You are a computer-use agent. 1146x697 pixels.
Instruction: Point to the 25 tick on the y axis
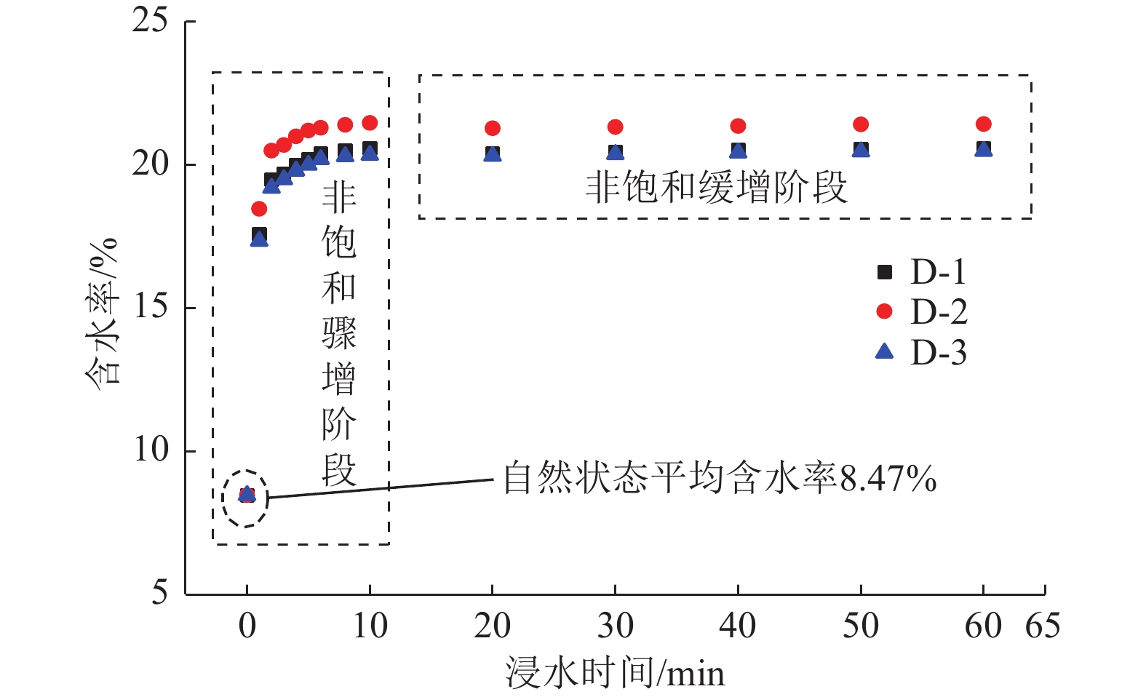pos(150,20)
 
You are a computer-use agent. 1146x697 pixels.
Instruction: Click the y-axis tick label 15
pos(150,307)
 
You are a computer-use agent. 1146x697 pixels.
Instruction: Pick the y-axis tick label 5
pos(159,593)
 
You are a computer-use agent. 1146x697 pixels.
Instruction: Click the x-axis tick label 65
pos(1042,626)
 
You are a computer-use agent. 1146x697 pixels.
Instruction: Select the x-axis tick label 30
pos(615,626)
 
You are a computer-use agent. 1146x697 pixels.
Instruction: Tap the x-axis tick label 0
pos(247,626)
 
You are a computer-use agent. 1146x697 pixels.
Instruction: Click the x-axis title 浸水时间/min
pos(615,673)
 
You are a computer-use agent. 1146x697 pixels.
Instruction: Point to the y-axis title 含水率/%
pos(102,313)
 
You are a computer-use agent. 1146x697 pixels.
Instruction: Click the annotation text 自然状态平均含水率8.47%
pos(720,479)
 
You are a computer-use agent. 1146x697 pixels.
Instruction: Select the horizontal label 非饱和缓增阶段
pos(717,188)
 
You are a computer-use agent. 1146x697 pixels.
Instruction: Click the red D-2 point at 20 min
pos(493,129)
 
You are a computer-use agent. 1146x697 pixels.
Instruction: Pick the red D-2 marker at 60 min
pos(984,124)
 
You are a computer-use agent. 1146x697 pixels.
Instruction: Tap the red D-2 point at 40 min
pos(738,127)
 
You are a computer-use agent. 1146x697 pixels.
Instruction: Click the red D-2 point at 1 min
pos(259,210)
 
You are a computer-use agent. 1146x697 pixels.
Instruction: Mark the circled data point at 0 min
pos(247,495)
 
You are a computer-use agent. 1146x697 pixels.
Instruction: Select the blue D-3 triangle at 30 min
pos(616,153)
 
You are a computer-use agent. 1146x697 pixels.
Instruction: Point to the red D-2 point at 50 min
pos(861,125)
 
